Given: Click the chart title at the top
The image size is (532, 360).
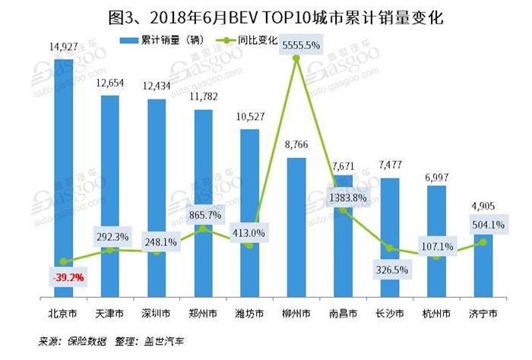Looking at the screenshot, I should tap(265, 14).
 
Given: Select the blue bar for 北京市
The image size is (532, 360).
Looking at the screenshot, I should tap(63, 175).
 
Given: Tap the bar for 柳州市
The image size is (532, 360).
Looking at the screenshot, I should tap(296, 228).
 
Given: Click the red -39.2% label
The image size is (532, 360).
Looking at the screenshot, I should tap(67, 278).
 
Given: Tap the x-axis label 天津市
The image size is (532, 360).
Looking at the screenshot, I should tap(109, 313).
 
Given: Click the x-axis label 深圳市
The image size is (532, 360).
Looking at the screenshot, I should tap(156, 313).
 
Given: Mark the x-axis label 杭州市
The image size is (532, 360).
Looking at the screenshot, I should tap(436, 313).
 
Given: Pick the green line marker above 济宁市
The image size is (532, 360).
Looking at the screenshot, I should tap(483, 242).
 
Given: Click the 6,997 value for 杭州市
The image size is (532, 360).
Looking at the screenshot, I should tap(437, 175).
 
